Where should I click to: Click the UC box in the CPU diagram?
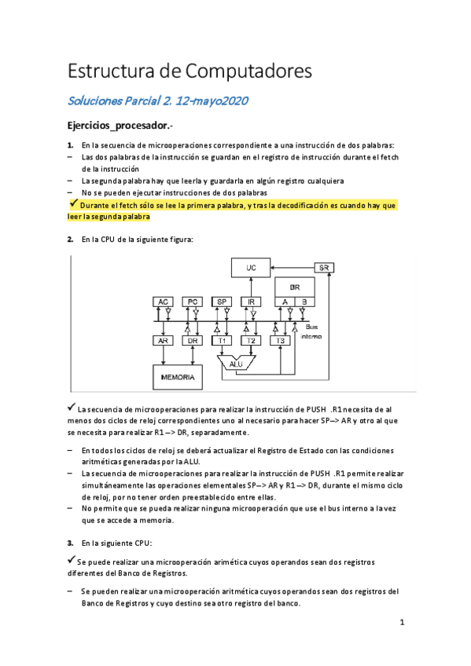pyautogui.click(x=251, y=268)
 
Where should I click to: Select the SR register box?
pyautogui.click(x=323, y=268)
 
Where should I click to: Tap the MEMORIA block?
pyautogui.click(x=177, y=377)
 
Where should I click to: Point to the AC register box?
pyautogui.click(x=163, y=302)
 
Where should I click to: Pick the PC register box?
pyautogui.click(x=192, y=302)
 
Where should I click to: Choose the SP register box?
pyautogui.click(x=222, y=302)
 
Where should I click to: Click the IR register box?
pyautogui.click(x=251, y=302)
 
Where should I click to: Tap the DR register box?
pyautogui.click(x=192, y=341)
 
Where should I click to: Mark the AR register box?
pyautogui.click(x=163, y=341)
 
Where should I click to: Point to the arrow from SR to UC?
pyautogui.click(x=293, y=268)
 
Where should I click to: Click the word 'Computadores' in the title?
pyautogui.click(x=248, y=71)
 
